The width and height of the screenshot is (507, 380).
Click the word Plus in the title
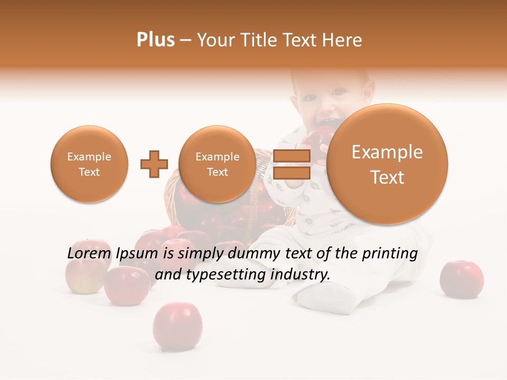[155, 40]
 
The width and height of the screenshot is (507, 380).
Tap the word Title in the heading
[257, 40]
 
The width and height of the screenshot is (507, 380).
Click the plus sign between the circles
[154, 164]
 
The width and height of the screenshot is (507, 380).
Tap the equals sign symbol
[292, 164]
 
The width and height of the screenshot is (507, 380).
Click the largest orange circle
[387, 164]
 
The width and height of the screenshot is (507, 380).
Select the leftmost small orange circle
[89, 164]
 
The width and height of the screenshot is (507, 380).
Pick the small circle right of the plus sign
[217, 164]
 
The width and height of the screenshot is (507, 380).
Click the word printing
[390, 254]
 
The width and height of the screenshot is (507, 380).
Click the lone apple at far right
[462, 279]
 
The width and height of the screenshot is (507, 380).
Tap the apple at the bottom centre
[177, 326]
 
